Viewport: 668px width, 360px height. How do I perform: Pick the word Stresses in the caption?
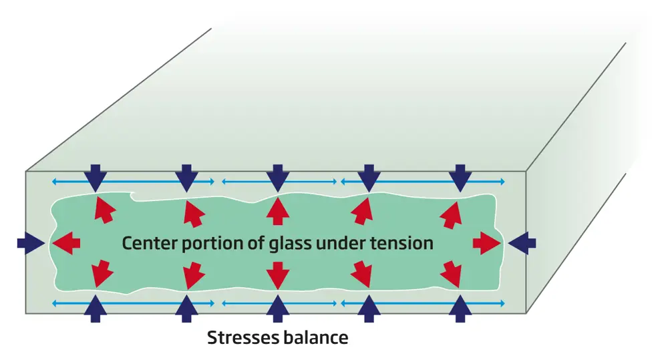[x=242, y=337]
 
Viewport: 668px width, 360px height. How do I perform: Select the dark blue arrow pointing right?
[x=30, y=242]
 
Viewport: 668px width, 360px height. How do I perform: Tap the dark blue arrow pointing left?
[x=522, y=242]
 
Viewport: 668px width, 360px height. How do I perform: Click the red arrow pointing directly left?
[x=66, y=242]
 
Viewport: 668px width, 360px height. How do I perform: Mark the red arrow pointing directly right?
[x=486, y=243]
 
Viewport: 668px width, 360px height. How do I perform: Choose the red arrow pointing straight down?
[x=277, y=275]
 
